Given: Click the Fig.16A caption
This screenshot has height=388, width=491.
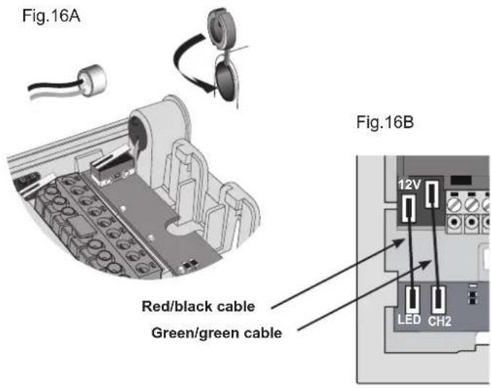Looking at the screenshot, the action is click(51, 16).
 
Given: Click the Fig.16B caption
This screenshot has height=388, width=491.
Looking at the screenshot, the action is click(385, 122).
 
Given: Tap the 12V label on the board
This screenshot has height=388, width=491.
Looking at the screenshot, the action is click(409, 185).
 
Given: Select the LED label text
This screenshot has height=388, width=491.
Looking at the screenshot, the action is click(409, 320).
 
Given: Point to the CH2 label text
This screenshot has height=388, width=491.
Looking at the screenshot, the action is click(439, 321).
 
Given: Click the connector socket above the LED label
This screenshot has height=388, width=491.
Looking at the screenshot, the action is click(413, 299).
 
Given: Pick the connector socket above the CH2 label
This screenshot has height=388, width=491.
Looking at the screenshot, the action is click(439, 299).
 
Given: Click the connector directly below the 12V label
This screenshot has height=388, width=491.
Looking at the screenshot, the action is click(409, 209).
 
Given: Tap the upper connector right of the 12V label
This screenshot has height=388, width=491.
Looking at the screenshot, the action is click(432, 194).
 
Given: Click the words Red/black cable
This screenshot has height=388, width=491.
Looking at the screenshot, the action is click(198, 307).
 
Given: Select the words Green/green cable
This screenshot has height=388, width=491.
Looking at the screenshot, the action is click(216, 333).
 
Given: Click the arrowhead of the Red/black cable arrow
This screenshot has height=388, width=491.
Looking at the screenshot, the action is click(399, 242).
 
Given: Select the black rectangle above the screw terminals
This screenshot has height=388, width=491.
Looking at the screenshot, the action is click(460, 180).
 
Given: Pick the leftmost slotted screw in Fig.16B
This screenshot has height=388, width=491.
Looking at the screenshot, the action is click(453, 205).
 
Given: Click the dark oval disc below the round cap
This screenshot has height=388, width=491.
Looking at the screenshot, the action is click(226, 80).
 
